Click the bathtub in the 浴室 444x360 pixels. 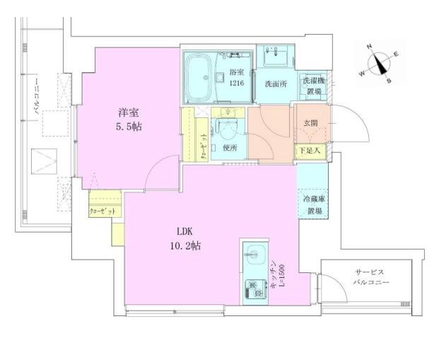pyautogui.click(x=204, y=72)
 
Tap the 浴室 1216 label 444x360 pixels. pyautogui.click(x=237, y=78)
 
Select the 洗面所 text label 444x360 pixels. pyautogui.click(x=276, y=83)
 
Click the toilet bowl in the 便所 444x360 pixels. pyautogui.click(x=228, y=131)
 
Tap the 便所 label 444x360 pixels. pyautogui.click(x=230, y=148)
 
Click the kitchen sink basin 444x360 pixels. pyautogui.click(x=255, y=252)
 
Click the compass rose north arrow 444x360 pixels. pyautogui.click(x=382, y=62)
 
